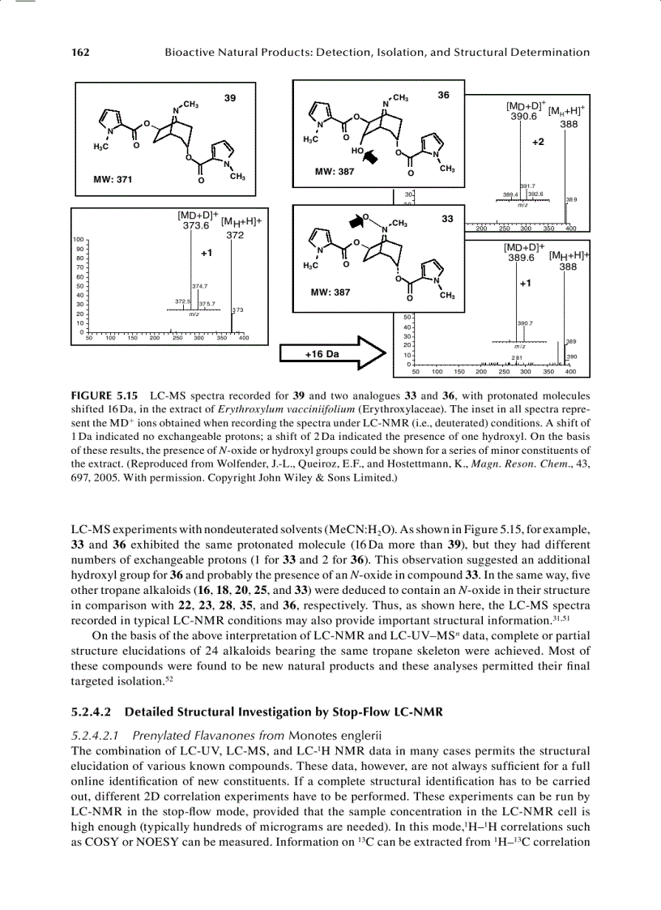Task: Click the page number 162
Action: pos(79,53)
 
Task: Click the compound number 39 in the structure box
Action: pos(230,98)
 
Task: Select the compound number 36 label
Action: pos(443,96)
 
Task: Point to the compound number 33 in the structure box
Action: pos(446,219)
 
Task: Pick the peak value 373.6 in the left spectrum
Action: pos(197,226)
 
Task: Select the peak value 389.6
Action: pos(521,257)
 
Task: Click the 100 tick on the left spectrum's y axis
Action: pos(79,240)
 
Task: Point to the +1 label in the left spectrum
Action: pos(206,253)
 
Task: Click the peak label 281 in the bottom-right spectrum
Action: pos(516,357)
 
